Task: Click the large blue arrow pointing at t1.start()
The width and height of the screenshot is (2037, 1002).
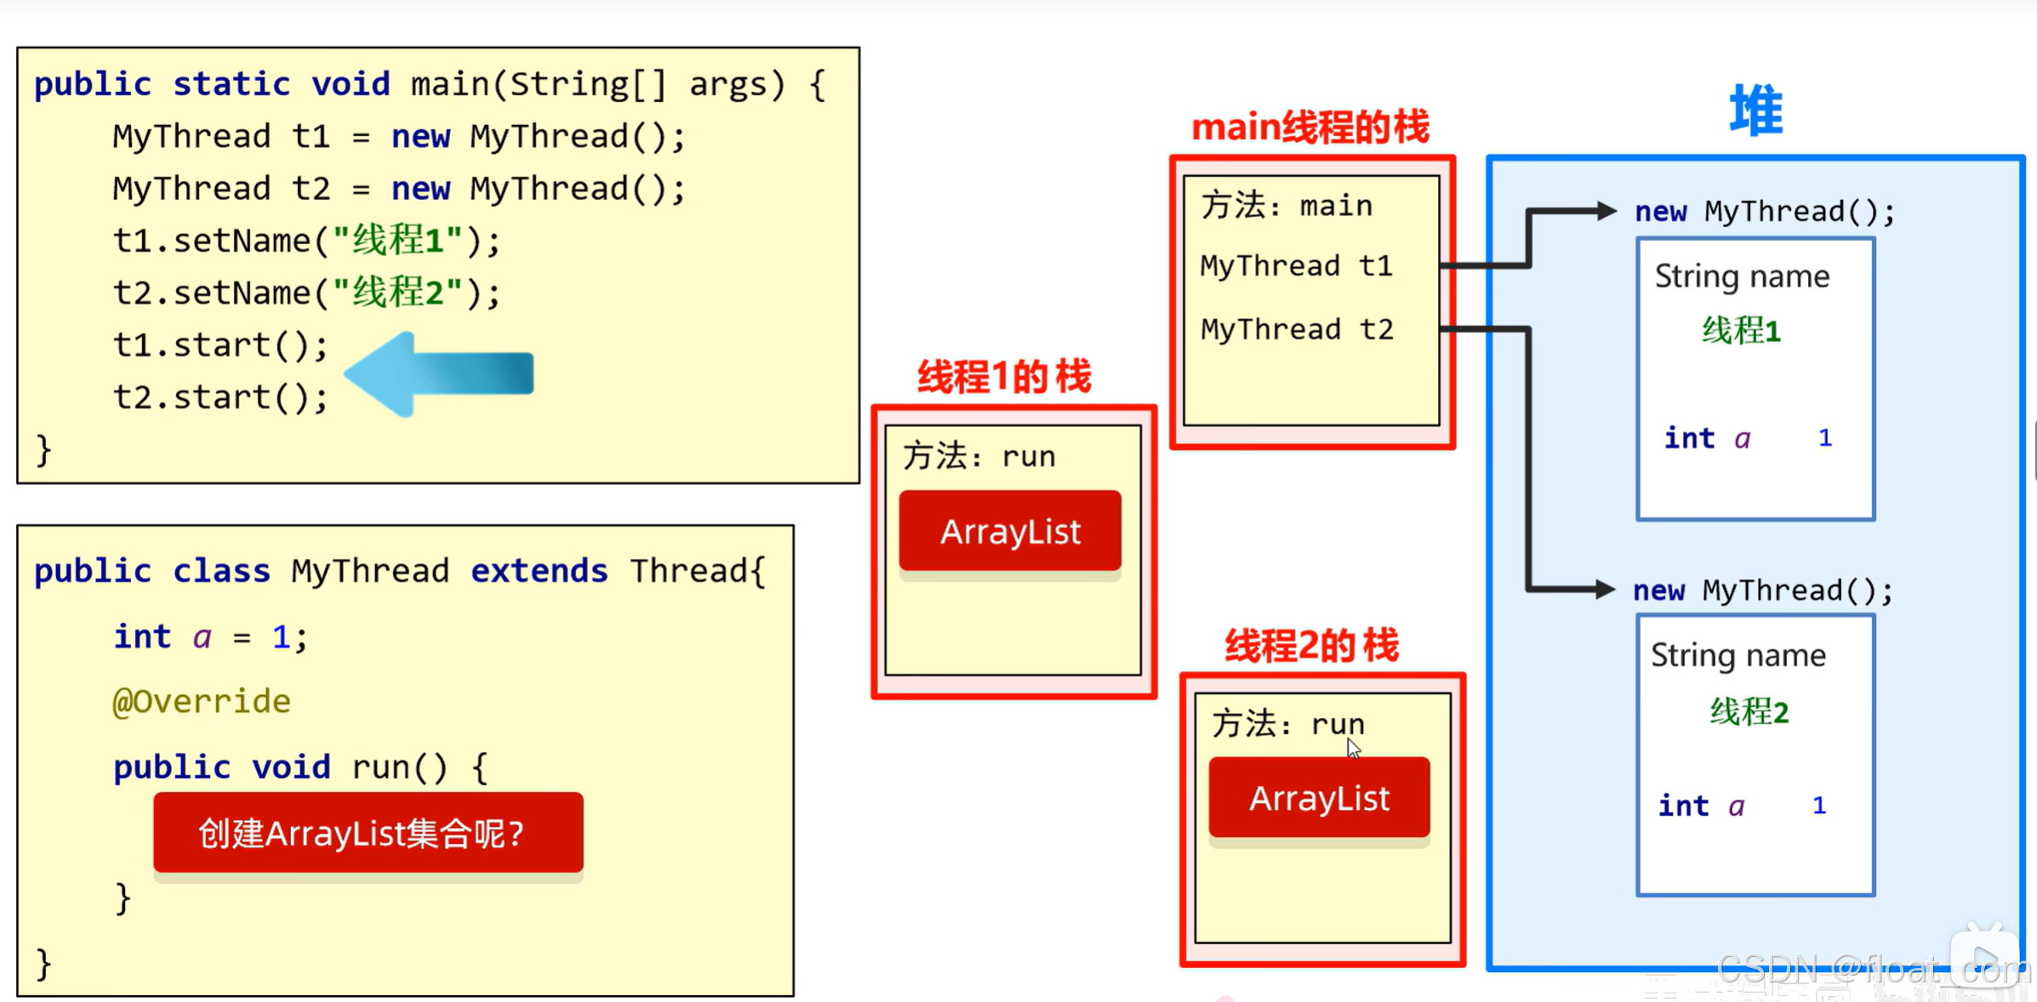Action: (439, 374)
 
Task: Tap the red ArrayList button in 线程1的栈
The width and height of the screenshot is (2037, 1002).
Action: (1010, 531)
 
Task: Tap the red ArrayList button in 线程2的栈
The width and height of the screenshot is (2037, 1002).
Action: (1320, 798)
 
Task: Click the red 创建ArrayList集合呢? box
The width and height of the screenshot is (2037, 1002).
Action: (368, 833)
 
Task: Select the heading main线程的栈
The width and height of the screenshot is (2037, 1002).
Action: (1310, 128)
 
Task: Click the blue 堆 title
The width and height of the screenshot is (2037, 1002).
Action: (1756, 111)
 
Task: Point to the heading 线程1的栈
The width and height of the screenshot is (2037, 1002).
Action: (1005, 377)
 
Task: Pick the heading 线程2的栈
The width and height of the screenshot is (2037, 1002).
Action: (1312, 646)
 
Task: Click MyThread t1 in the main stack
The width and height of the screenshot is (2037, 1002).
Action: (1297, 266)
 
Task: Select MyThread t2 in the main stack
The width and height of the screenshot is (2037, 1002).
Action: (1297, 329)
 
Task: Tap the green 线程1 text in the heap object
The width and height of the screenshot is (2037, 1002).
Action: (1742, 331)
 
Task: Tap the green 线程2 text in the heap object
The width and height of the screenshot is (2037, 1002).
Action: (1749, 711)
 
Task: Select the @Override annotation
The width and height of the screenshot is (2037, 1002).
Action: (202, 702)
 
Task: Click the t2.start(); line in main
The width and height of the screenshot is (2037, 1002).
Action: (220, 397)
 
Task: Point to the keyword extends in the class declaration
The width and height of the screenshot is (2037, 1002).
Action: (539, 571)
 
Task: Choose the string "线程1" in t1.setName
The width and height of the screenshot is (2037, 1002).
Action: (397, 241)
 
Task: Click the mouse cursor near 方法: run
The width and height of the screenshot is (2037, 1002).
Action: (1353, 749)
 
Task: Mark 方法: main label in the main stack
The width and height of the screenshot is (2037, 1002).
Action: (1287, 206)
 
